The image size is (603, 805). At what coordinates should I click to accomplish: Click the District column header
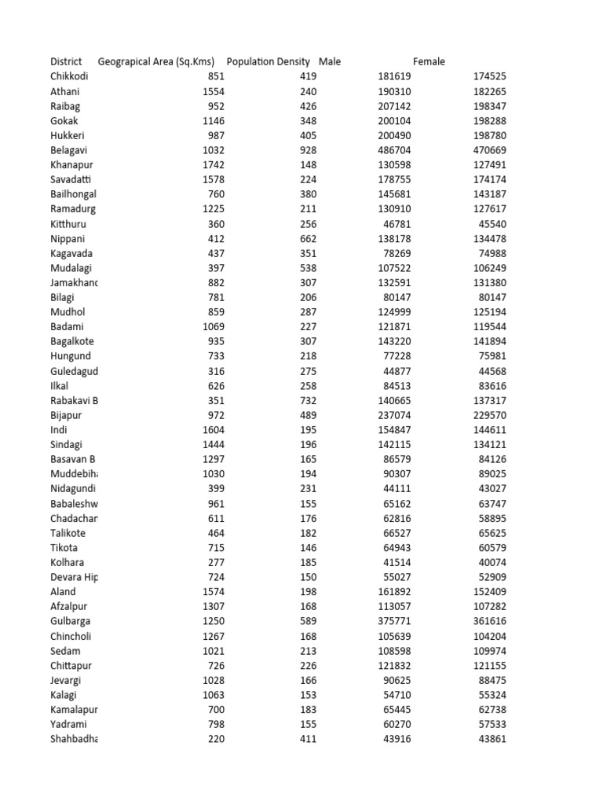coord(66,61)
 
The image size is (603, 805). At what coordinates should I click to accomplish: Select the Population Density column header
coord(268,61)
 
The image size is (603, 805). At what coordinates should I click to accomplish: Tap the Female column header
coord(429,61)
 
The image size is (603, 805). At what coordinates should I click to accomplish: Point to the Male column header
coord(330,61)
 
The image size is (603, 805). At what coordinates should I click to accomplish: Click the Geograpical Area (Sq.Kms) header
coord(156,61)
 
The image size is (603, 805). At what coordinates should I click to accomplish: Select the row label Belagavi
coord(69,151)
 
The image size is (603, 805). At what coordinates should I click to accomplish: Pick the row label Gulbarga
coord(70,621)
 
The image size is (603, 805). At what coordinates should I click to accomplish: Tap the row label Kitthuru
coord(68,224)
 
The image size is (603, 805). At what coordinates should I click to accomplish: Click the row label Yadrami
coord(68,724)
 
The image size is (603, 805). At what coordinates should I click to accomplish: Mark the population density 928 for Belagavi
coord(308,151)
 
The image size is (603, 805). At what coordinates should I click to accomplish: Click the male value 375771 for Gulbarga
coord(392,621)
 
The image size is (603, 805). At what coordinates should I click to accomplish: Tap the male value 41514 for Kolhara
coord(395,563)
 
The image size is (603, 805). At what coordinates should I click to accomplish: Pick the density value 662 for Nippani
coord(308,239)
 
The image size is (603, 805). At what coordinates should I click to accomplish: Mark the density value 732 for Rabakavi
coord(308,401)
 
